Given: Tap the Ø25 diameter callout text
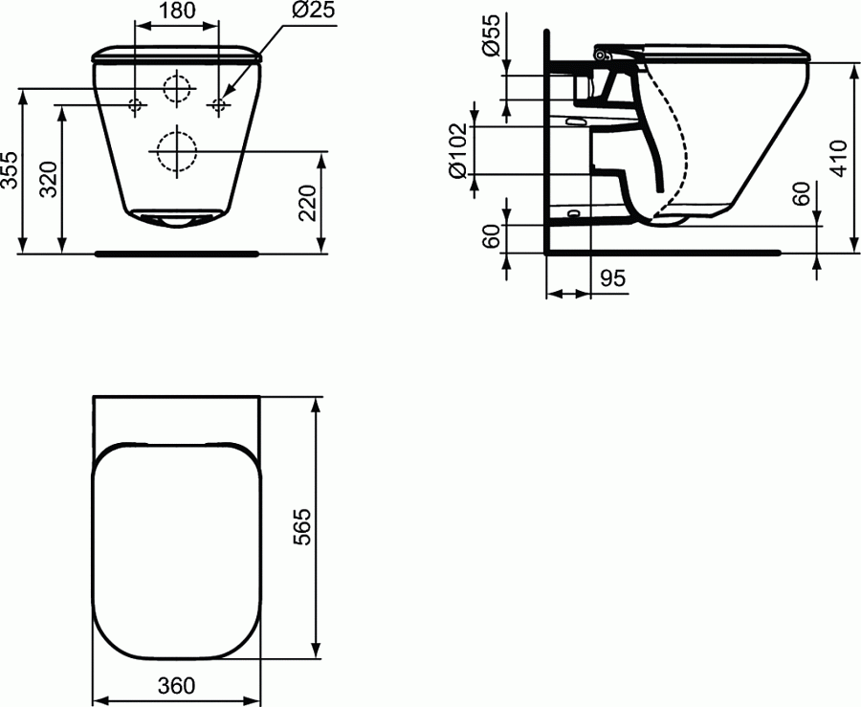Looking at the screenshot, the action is pos(313,10).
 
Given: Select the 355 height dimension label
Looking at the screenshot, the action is pos(10,169).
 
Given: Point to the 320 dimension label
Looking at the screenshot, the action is pos(50,179).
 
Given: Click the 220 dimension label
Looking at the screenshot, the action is pos(308,203).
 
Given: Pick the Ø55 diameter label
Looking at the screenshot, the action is pos(491,34).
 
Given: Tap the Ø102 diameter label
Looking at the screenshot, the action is pos(458,151).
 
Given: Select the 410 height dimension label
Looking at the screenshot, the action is pos(839,158).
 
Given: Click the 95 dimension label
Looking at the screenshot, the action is pos(612,278).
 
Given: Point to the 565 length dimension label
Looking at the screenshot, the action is pos(301,527).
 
